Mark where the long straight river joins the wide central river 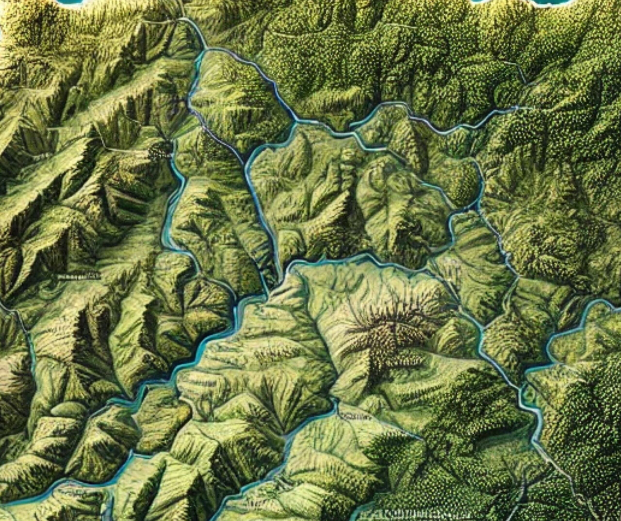coord(268,293)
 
